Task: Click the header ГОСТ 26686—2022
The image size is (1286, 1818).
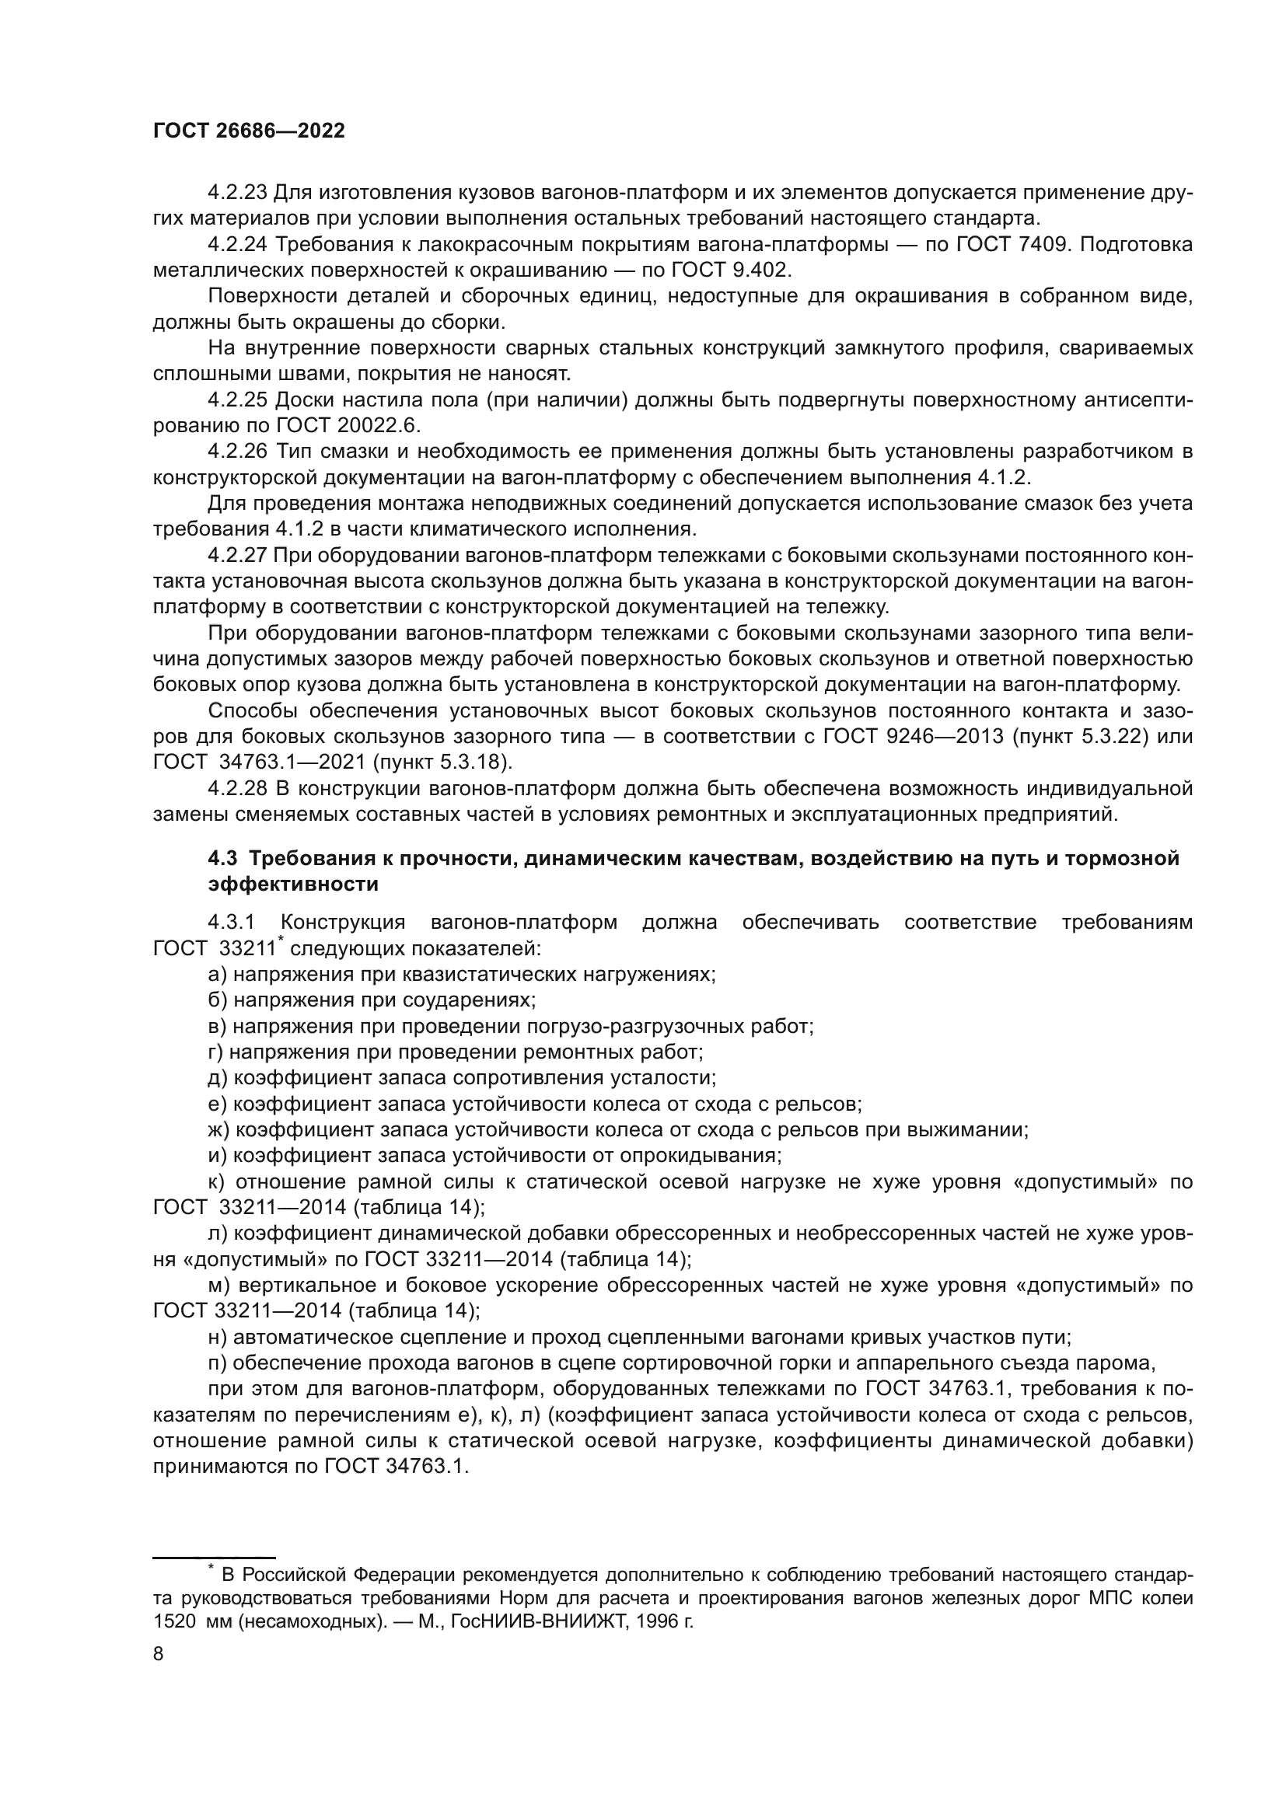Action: pyautogui.click(x=249, y=131)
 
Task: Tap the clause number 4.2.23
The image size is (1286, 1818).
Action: pyautogui.click(x=238, y=193)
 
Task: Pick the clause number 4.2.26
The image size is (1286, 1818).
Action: pyautogui.click(x=238, y=452)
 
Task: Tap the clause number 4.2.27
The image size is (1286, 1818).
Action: pyautogui.click(x=238, y=556)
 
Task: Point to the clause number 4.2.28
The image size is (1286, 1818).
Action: pyautogui.click(x=238, y=790)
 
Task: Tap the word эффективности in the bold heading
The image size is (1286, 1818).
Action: pyautogui.click(x=293, y=885)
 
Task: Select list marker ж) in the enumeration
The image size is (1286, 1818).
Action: pyautogui.click(x=218, y=1131)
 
